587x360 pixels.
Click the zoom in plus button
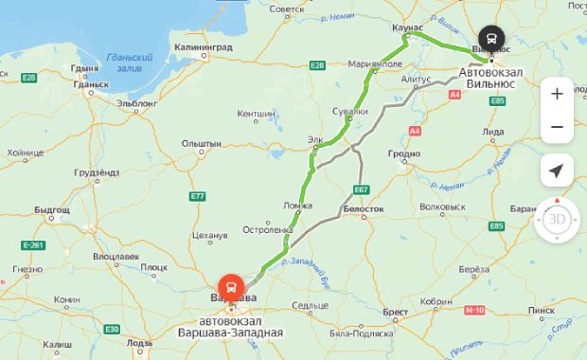(557, 93)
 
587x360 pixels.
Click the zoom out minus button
(557, 127)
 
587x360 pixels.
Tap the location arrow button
(557, 171)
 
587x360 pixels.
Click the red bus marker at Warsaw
(229, 286)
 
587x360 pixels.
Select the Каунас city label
(406, 28)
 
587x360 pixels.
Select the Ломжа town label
(297, 205)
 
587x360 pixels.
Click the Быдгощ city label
(52, 207)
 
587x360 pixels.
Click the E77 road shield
(197, 196)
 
